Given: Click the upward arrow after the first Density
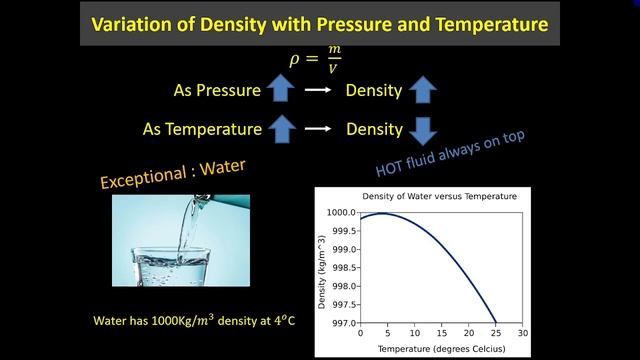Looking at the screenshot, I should [422, 91].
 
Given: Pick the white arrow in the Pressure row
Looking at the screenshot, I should [318, 91].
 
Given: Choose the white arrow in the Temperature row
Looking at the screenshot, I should [318, 129].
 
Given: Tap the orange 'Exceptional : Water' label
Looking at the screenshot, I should [173, 170].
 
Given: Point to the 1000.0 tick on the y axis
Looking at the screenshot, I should [341, 213].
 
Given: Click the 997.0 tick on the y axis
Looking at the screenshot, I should [341, 322].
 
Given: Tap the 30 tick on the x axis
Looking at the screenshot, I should [523, 332].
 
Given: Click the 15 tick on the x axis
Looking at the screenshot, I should [441, 332].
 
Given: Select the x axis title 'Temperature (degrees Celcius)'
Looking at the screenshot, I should [441, 347].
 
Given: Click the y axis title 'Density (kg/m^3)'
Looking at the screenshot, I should [323, 267].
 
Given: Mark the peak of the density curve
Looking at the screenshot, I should [382, 213].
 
